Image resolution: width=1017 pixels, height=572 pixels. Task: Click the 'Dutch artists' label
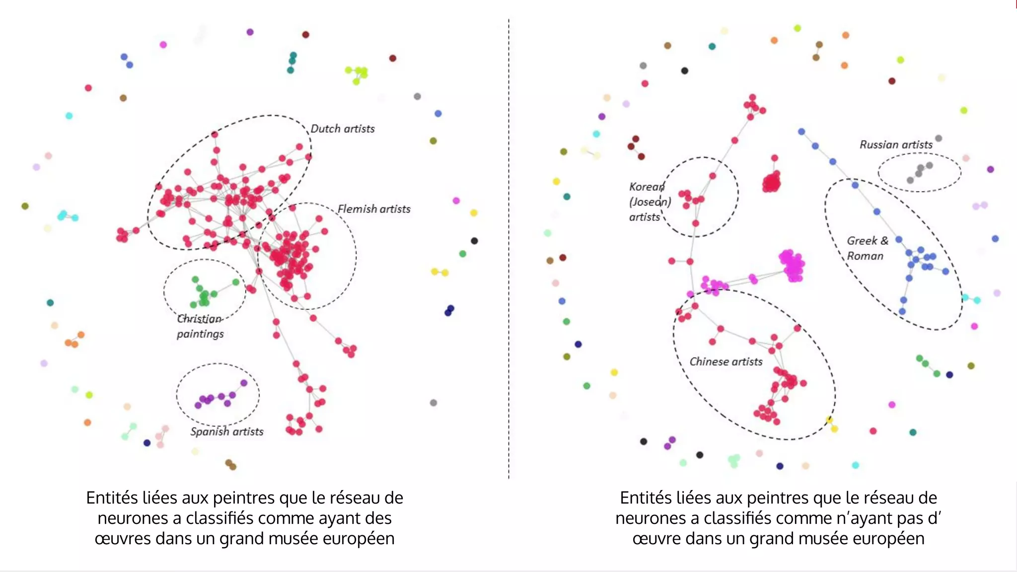tap(342, 129)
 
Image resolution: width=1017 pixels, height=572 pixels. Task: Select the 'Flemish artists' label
tap(374, 209)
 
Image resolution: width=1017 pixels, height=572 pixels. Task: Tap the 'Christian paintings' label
tap(200, 326)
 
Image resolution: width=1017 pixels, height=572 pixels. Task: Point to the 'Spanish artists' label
tap(227, 431)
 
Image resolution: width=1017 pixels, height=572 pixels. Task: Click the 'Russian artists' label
tap(896, 144)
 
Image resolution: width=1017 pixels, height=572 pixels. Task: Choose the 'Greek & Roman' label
tap(867, 248)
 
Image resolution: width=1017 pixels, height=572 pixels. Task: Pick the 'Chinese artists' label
tap(726, 361)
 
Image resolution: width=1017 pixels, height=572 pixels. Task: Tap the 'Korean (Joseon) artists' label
tap(649, 202)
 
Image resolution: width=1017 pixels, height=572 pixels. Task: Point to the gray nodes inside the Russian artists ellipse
tap(919, 172)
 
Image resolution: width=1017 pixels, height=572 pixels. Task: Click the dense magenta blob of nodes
tap(792, 266)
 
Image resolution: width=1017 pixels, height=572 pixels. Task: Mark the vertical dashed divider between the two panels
tap(508, 248)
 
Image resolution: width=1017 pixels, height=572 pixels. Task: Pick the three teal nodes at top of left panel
tap(292, 62)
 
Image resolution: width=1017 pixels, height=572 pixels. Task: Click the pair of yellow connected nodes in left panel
tap(440, 272)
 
